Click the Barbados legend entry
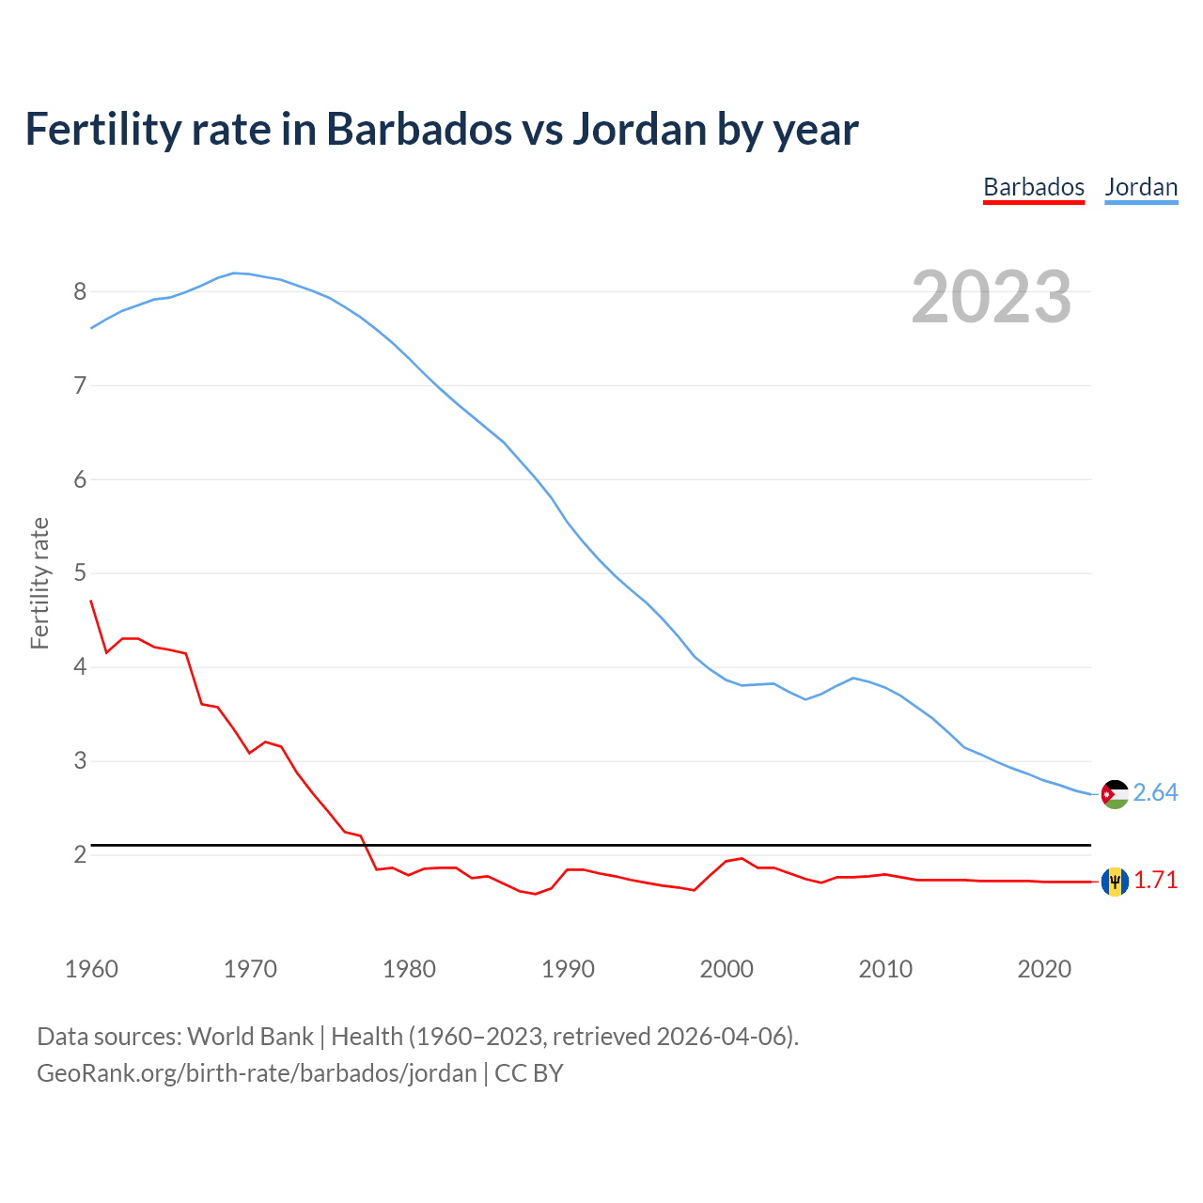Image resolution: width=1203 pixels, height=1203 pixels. pos(1034,187)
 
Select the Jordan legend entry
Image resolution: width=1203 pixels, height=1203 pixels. pos(1141,187)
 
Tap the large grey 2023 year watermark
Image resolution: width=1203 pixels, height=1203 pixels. pos(992,297)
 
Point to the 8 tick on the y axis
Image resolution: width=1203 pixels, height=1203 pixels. pos(80,291)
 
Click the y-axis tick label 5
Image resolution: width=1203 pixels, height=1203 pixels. pos(80,573)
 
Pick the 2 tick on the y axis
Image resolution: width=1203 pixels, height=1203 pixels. pos(80,854)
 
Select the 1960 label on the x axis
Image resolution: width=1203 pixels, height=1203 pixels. pos(91,969)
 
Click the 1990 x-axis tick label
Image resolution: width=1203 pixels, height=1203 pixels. pos(568,969)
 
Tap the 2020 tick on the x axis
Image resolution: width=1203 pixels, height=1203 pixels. pos(1044,969)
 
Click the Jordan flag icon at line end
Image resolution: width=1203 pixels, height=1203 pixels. pos(1115,794)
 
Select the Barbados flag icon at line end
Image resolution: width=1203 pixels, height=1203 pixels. pos(1115,882)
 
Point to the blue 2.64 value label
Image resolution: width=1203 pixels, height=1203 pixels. pos(1155,793)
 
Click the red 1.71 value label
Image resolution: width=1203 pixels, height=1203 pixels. pos(1155,881)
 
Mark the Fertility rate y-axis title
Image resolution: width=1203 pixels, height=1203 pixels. pos(39,583)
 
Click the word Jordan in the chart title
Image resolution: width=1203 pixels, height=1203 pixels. pos(640,130)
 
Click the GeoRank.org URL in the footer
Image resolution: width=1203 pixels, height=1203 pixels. pos(257,1073)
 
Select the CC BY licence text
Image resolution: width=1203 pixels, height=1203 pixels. pos(529,1073)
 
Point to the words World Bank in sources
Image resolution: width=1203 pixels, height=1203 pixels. pos(250,1037)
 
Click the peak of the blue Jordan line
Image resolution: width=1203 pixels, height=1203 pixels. pos(235,273)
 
